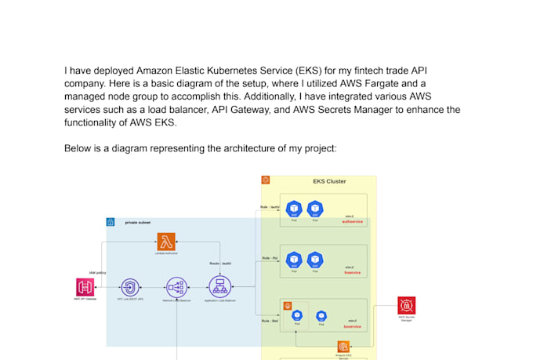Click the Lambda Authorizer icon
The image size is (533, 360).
click(x=165, y=242)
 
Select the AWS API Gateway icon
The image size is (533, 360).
click(x=85, y=287)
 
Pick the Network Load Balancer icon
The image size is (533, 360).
click(x=176, y=287)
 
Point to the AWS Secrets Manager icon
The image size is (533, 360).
click(x=406, y=306)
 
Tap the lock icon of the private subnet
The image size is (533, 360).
click(x=111, y=223)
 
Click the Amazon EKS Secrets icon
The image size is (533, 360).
click(x=342, y=347)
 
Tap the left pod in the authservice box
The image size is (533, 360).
click(x=294, y=209)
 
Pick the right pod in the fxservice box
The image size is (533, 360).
click(x=315, y=259)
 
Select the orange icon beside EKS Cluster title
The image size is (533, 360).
click(x=266, y=181)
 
